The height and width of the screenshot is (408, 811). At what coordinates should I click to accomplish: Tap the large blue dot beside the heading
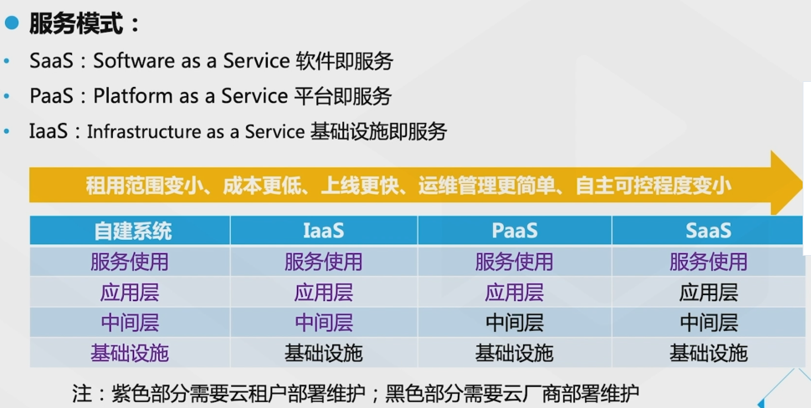pyautogui.click(x=12, y=23)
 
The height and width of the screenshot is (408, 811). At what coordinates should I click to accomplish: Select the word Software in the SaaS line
pyautogui.click(x=128, y=61)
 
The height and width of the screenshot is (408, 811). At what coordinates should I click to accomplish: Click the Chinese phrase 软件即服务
pyautogui.click(x=345, y=61)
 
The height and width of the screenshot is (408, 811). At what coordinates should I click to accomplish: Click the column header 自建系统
pyautogui.click(x=131, y=231)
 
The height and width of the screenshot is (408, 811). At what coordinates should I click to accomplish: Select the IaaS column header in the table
pyautogui.click(x=323, y=231)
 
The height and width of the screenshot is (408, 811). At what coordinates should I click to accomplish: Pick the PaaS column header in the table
pyautogui.click(x=514, y=231)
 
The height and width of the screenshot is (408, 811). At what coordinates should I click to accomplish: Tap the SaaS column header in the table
pyautogui.click(x=708, y=231)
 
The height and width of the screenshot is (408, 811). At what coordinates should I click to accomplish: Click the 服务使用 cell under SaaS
pyautogui.click(x=708, y=262)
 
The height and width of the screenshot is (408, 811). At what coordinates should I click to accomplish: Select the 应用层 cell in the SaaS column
pyautogui.click(x=708, y=293)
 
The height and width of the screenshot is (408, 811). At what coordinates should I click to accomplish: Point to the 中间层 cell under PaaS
pyautogui.click(x=514, y=323)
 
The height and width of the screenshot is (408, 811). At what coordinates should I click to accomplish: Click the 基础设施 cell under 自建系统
pyautogui.click(x=130, y=353)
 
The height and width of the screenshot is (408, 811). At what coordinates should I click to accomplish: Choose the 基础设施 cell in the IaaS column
pyautogui.click(x=323, y=353)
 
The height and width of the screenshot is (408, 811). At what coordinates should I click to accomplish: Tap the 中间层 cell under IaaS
pyautogui.click(x=323, y=323)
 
